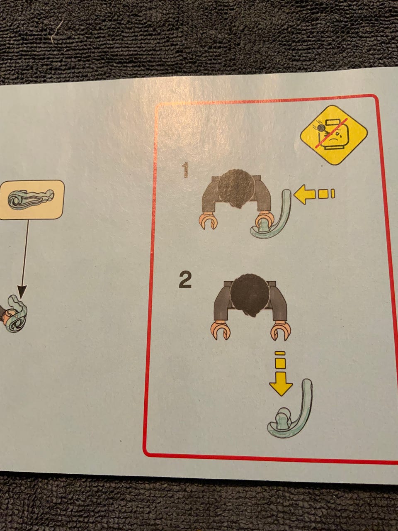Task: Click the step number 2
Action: [185, 280]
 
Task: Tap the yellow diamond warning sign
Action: [334, 135]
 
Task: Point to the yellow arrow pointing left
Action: [314, 194]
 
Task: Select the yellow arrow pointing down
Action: [281, 373]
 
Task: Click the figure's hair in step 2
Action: [250, 295]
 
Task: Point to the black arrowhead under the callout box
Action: [22, 292]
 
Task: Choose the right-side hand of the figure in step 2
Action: [281, 330]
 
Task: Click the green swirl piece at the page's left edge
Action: [17, 314]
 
